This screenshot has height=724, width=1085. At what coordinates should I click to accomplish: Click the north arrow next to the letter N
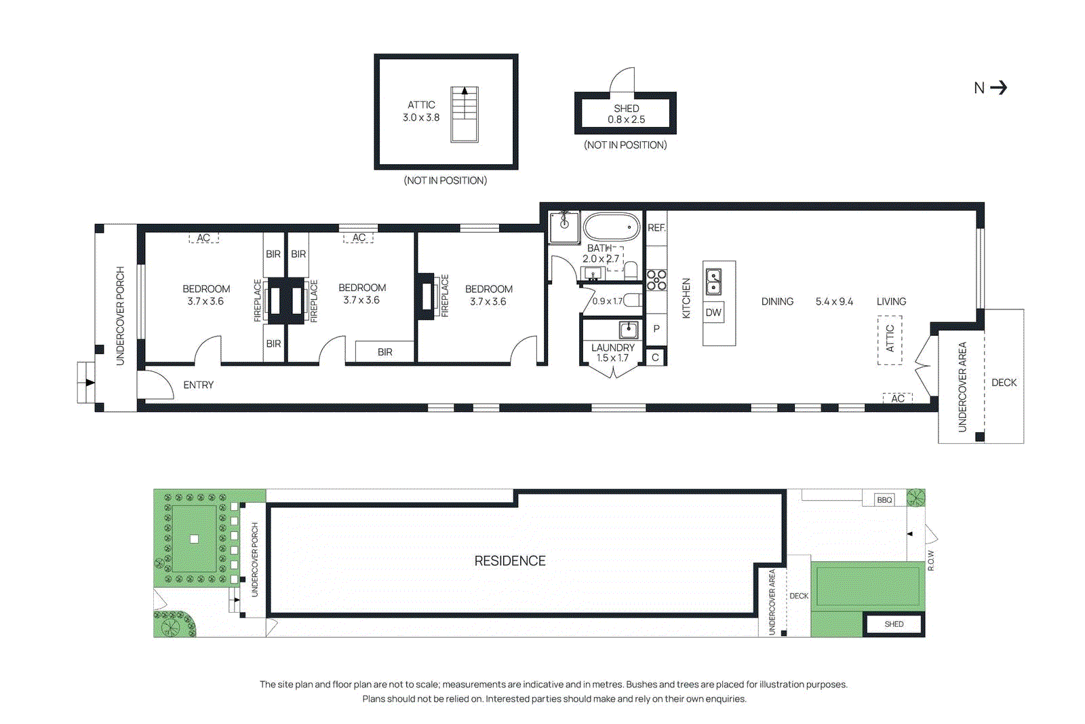point(998,88)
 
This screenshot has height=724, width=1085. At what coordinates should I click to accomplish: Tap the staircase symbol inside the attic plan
point(465,114)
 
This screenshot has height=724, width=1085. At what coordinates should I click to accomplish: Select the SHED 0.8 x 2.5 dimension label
point(626,114)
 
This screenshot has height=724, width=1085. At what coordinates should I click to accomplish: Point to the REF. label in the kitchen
point(656,228)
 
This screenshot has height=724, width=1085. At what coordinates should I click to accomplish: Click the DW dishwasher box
point(713,312)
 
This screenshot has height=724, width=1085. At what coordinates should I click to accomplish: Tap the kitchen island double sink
point(713,282)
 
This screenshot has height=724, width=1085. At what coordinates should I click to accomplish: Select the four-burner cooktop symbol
point(656,280)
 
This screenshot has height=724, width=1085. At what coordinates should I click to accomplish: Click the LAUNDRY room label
point(612,347)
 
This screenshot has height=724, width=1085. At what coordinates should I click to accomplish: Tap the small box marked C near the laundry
point(655,357)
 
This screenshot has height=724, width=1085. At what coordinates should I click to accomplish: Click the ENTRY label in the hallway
point(198,385)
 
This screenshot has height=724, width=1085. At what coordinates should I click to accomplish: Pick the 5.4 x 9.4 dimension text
point(834,301)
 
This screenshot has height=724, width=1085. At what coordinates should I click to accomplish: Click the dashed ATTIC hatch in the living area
point(890,340)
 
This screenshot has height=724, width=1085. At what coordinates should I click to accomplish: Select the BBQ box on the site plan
point(884,500)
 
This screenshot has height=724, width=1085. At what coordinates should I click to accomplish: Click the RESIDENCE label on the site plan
point(510,561)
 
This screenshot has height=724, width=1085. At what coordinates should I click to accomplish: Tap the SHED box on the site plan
point(894,624)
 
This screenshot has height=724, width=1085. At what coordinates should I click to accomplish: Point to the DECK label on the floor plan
point(1004,383)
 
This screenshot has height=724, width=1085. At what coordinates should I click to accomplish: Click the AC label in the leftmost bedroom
point(203,238)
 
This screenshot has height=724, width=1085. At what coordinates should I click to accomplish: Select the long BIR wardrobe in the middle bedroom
point(384,351)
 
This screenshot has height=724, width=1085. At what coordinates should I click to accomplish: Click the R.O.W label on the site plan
point(931,560)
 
